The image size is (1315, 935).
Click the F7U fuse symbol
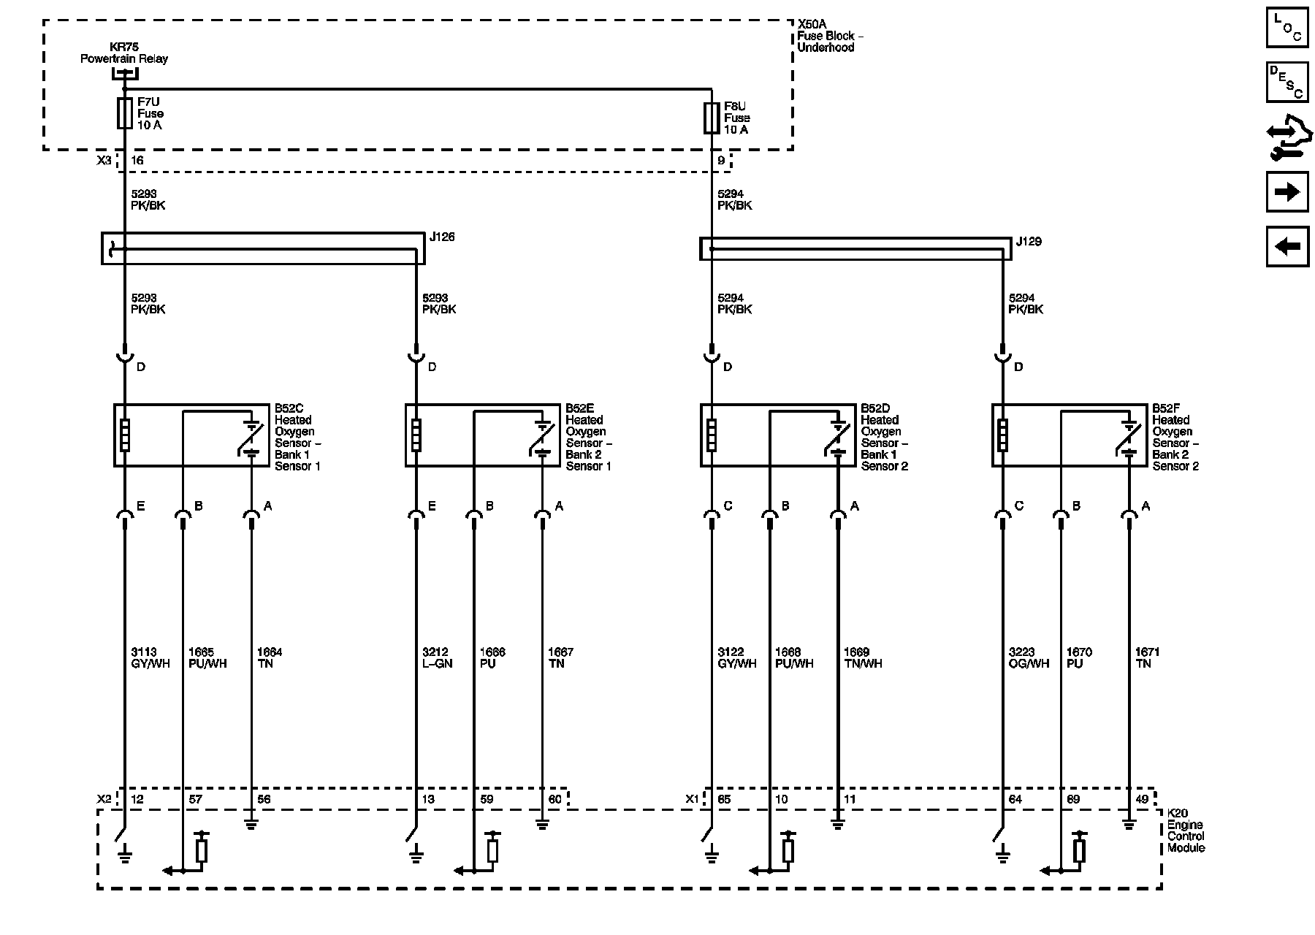(125, 113)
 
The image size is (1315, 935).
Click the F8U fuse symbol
(712, 118)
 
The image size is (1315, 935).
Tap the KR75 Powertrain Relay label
(123, 53)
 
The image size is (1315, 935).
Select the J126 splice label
(442, 237)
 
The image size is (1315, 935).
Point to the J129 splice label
(1029, 241)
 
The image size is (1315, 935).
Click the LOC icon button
(1287, 27)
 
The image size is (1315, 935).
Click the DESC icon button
(1287, 82)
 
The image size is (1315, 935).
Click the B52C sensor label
(297, 437)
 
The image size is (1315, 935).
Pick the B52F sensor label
(1175, 437)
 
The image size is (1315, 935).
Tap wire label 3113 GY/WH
(150, 657)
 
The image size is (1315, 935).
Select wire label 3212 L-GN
(437, 657)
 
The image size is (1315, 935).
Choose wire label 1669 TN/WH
(862, 657)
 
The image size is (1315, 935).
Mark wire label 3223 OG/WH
(1029, 657)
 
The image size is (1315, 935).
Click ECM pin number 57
(195, 799)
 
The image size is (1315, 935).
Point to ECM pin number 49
(1143, 799)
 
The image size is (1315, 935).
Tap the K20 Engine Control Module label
(1185, 831)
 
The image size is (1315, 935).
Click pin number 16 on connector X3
(137, 161)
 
